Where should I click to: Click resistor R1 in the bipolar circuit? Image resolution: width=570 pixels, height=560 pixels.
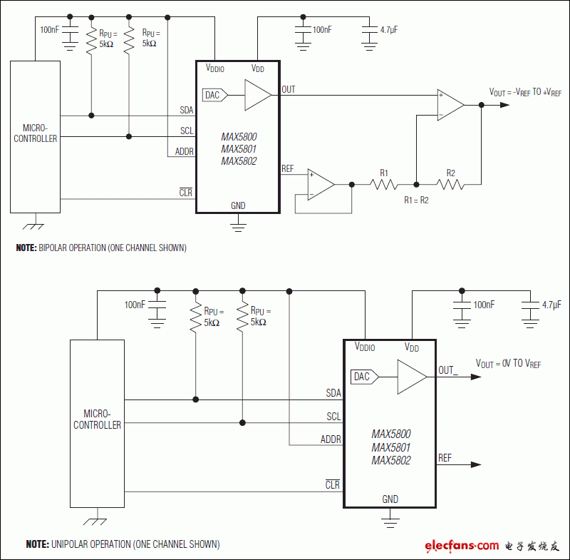click(384, 185)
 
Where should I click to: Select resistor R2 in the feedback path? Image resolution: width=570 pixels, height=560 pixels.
click(450, 185)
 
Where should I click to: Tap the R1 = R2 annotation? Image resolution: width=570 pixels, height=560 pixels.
click(416, 200)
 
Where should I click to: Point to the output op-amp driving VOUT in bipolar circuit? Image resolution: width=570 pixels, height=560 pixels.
click(450, 105)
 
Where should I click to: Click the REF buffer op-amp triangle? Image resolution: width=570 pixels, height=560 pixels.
click(321, 185)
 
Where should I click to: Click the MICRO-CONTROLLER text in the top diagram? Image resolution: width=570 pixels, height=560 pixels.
click(35, 133)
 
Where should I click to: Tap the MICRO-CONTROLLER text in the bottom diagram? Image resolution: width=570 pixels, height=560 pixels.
click(97, 419)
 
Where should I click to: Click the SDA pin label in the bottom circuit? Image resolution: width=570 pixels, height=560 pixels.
click(333, 393)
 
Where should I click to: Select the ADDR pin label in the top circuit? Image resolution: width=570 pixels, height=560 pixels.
click(184, 151)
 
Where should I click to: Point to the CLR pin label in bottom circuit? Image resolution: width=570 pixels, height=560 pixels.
click(333, 485)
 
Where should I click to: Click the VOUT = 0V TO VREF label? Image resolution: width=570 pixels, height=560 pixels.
click(508, 364)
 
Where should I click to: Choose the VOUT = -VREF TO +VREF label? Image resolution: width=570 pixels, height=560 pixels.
click(525, 92)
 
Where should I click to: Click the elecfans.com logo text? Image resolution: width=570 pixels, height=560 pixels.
click(462, 546)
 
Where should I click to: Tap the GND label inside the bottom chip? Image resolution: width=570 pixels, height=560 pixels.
click(390, 499)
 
